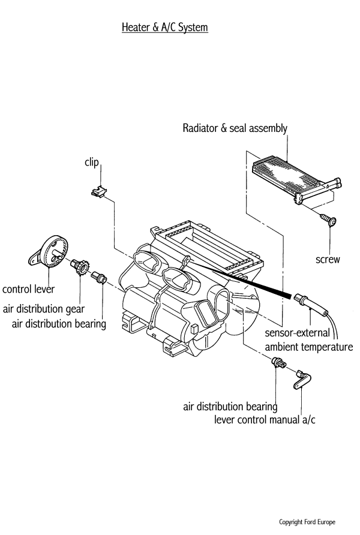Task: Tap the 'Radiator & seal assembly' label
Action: [235, 128]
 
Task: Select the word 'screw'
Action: [328, 260]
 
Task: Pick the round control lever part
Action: [50, 251]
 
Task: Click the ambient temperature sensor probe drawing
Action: [311, 302]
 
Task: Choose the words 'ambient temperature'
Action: [308, 347]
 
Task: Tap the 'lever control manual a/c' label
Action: [265, 419]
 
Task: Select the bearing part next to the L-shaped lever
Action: [278, 362]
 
